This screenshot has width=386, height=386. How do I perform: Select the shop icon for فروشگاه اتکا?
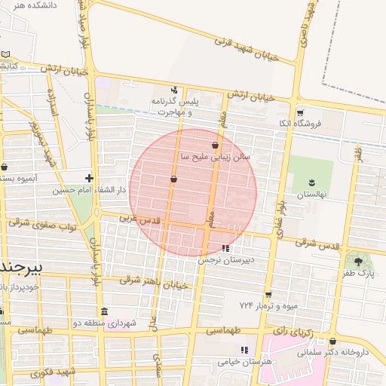(x=300, y=111)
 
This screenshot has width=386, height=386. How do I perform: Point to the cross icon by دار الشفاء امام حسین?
(x=90, y=179)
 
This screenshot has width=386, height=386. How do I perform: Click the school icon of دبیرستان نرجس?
(x=225, y=248)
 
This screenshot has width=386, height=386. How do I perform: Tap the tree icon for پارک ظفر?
(x=358, y=262)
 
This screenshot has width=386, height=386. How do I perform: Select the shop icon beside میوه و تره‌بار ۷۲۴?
(x=268, y=295)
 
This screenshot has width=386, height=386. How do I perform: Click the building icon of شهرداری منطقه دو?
(x=103, y=311)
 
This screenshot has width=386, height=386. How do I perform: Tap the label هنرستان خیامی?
(x=244, y=361)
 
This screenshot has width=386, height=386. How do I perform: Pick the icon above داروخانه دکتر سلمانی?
(x=332, y=341)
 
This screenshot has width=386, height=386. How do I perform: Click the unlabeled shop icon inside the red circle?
(x=174, y=179)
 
